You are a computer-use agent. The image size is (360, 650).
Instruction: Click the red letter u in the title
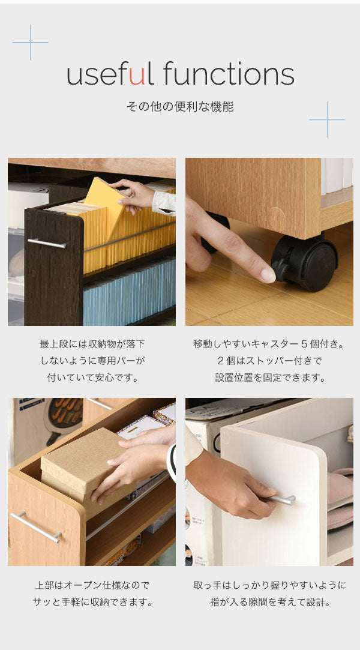(137, 76)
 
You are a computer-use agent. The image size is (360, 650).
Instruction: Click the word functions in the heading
(229, 73)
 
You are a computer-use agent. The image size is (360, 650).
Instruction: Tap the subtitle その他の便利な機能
(180, 107)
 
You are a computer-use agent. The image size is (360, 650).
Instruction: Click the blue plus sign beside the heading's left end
(30, 42)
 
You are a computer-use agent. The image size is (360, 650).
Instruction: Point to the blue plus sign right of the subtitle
(327, 120)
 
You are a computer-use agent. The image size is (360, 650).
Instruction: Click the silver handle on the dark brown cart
(47, 243)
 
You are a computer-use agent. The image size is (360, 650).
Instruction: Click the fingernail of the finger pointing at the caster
(268, 275)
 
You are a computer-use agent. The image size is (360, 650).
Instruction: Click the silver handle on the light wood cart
(36, 527)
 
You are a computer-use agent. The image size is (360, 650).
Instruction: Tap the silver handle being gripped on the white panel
(284, 499)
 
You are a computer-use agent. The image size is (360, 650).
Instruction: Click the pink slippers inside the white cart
(340, 499)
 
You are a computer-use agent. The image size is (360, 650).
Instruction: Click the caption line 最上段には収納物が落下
(92, 344)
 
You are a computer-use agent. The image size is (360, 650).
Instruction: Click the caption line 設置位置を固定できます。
(269, 378)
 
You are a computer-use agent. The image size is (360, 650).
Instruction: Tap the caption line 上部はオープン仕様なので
(92, 585)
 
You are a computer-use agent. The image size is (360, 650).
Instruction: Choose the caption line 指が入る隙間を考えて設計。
(269, 603)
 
